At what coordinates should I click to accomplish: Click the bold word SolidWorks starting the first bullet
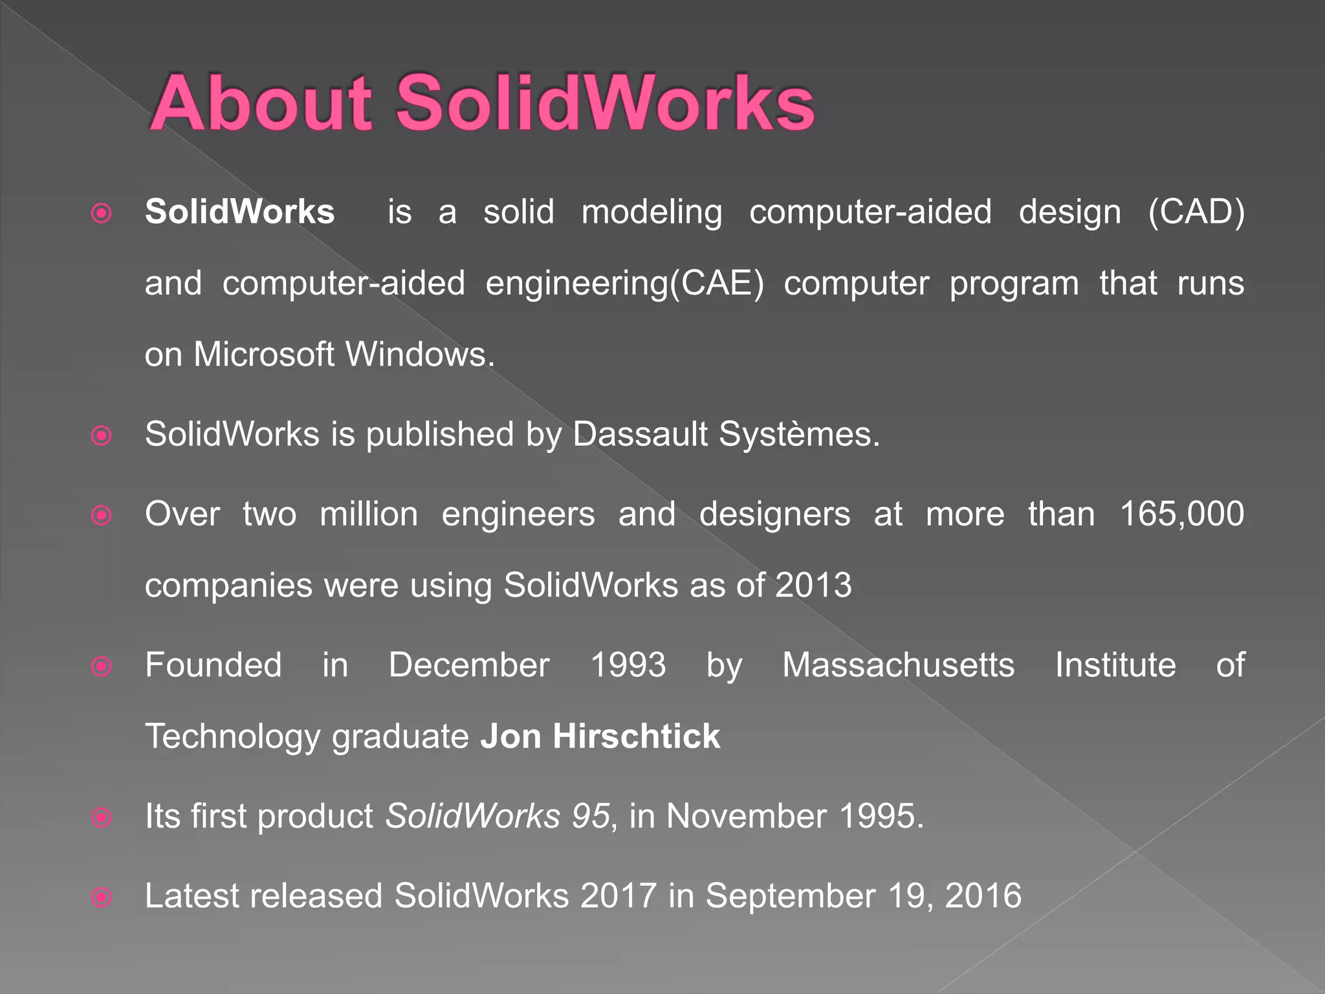(240, 212)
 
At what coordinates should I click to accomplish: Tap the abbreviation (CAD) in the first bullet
(1196, 212)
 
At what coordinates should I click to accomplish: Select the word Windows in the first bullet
(419, 355)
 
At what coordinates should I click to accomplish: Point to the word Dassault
(640, 434)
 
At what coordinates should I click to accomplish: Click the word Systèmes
(799, 434)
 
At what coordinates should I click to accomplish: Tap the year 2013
(813, 585)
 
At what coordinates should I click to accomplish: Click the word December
(469, 665)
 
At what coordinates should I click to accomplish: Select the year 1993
(628, 665)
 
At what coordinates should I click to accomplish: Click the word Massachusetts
(899, 665)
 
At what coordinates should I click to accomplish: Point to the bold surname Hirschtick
(636, 736)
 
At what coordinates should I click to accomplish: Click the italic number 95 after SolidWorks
(591, 816)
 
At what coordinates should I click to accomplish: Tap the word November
(747, 816)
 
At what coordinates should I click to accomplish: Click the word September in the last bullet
(790, 896)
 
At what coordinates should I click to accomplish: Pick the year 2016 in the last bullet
(983, 896)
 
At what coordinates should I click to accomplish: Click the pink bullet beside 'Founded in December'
(102, 667)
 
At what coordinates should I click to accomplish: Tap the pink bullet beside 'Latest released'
(102, 898)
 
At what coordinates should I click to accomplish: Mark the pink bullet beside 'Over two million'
(102, 515)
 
